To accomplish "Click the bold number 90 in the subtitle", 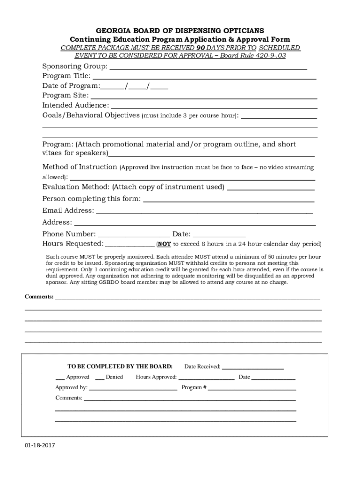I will click(x=201, y=48).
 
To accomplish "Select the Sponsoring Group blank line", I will click(x=208, y=68).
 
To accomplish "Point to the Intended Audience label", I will click(x=75, y=105).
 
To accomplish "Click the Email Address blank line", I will click(x=204, y=212).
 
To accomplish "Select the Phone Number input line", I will click(x=134, y=236).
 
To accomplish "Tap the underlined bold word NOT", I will click(x=164, y=244).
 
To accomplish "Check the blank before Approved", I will click(x=60, y=379).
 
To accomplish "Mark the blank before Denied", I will click(x=100, y=379).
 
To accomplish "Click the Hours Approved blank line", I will click(x=206, y=379).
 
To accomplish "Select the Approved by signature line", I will click(x=133, y=389).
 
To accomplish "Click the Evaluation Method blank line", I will click(x=270, y=189).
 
